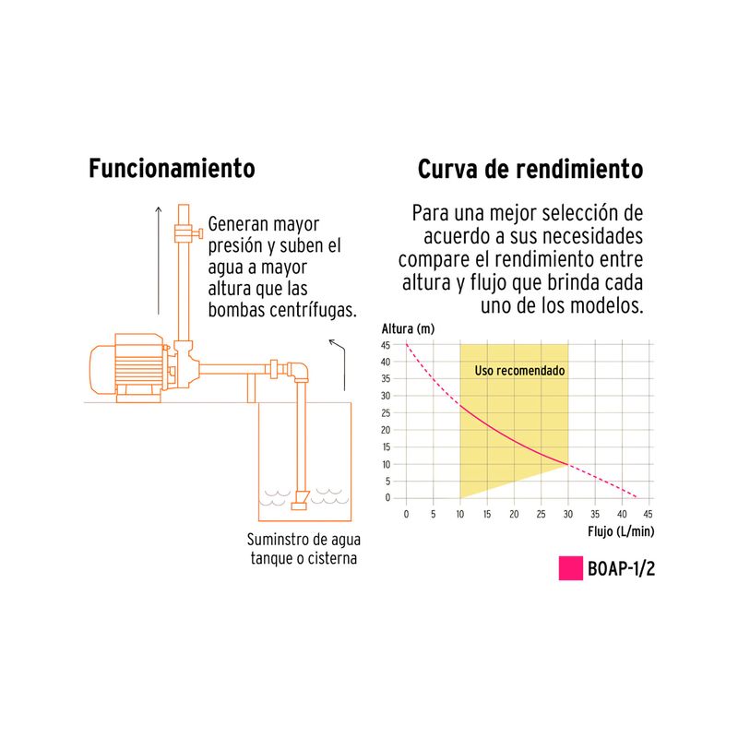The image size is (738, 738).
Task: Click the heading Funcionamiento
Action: [x=172, y=169]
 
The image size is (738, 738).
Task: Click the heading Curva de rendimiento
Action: [x=530, y=169]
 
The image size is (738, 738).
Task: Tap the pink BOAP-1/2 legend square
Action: [x=570, y=568]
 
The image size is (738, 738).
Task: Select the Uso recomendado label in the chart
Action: [x=519, y=371]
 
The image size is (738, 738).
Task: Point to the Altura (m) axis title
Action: [x=408, y=328]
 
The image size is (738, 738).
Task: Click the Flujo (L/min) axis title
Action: [x=621, y=532]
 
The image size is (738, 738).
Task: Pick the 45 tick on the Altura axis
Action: [x=386, y=345]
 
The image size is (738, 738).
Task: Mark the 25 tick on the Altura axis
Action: [x=386, y=412]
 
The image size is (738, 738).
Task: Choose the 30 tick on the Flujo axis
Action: [x=568, y=514]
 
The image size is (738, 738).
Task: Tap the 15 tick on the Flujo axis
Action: [x=487, y=514]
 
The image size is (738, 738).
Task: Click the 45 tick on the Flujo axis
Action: [x=649, y=514]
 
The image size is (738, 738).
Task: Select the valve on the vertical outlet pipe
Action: [x=187, y=233]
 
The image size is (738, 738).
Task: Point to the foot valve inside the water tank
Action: [x=300, y=500]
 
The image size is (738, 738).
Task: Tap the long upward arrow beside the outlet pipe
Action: [x=159, y=260]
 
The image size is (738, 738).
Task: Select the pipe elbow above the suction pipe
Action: [x=298, y=372]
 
